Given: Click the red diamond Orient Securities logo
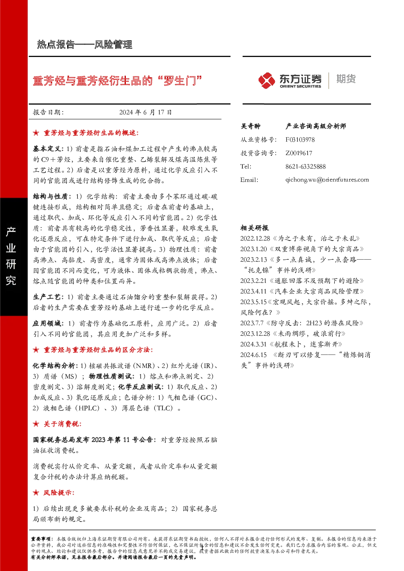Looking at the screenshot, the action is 266,81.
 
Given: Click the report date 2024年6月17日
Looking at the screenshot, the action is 145,112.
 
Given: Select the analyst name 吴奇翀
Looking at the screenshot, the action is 250,126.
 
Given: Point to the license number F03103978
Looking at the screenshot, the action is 300,140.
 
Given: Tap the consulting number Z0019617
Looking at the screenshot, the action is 299,153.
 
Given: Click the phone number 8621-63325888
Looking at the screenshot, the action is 305,167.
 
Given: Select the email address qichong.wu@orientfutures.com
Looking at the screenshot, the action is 327,180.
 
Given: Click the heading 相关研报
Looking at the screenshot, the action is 255,228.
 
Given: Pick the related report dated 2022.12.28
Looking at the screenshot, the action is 300,238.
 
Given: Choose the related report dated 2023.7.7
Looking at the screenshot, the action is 302,323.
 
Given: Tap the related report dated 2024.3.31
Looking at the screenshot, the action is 291,344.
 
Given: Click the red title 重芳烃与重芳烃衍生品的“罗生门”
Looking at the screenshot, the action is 118,81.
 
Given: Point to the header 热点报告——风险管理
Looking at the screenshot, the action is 85,45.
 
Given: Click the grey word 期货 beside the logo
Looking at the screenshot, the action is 346,79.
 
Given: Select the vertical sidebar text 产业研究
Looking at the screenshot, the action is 11,256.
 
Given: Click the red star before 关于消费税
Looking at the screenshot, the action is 36,424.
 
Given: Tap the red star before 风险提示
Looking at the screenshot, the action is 36,493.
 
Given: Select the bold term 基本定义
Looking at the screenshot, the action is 47,149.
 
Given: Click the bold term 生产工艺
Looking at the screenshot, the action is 47,297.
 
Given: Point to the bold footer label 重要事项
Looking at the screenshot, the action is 41,539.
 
